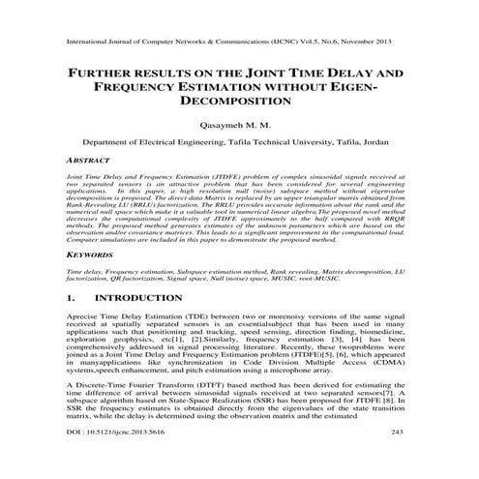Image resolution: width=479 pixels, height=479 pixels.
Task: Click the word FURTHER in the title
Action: [x=101, y=72]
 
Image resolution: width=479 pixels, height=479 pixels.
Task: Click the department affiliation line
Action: [x=239, y=140]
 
